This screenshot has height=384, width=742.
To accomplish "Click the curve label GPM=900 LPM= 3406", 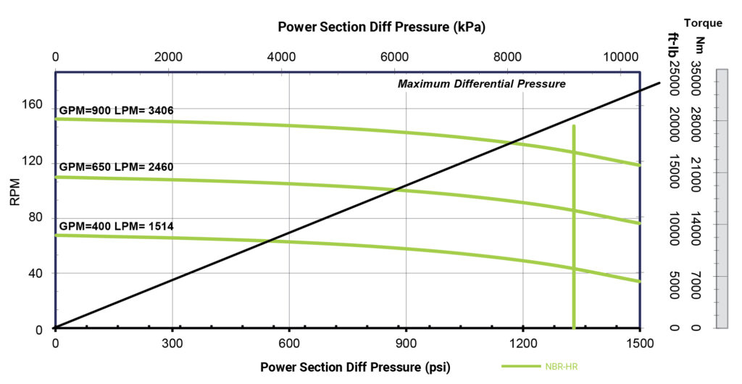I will (117, 110).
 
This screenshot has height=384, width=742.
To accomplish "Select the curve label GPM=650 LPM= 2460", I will (117, 167).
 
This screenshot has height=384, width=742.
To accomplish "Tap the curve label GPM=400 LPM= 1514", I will (117, 226).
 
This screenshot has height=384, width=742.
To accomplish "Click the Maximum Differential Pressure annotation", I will (481, 84).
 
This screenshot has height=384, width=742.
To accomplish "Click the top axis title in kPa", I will (381, 28).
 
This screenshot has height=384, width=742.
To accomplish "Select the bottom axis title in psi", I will (355, 367).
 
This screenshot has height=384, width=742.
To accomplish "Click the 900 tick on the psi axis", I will (406, 343).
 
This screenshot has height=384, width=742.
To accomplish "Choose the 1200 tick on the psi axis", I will (522, 343).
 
